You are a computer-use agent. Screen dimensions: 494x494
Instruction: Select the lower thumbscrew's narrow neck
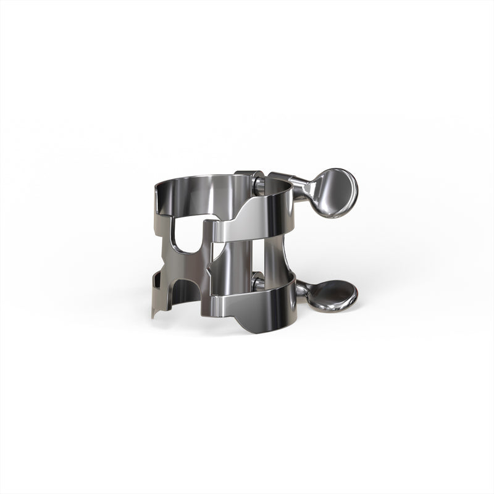(303, 288)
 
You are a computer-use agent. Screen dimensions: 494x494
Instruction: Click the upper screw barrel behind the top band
(251, 175)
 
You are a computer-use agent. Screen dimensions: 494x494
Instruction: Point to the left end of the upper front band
(216, 229)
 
